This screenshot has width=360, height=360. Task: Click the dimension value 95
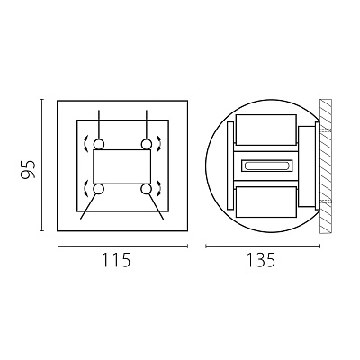pyautogui.click(x=29, y=169)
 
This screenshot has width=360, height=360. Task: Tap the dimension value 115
pyautogui.click(x=117, y=260)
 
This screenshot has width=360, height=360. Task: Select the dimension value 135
pyautogui.click(x=260, y=260)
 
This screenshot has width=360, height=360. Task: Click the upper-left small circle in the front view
pyautogui.click(x=99, y=145)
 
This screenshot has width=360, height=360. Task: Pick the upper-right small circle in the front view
pyautogui.click(x=147, y=145)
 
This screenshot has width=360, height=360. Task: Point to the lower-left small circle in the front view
pyautogui.click(x=99, y=189)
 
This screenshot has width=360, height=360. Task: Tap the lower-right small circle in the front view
pyautogui.click(x=147, y=189)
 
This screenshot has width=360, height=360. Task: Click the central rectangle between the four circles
pyautogui.click(x=122, y=166)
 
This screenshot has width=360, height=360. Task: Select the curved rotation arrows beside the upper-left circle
pyautogui.click(x=85, y=143)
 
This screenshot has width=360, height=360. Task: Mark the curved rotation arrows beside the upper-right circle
pyautogui.click(x=160, y=143)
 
